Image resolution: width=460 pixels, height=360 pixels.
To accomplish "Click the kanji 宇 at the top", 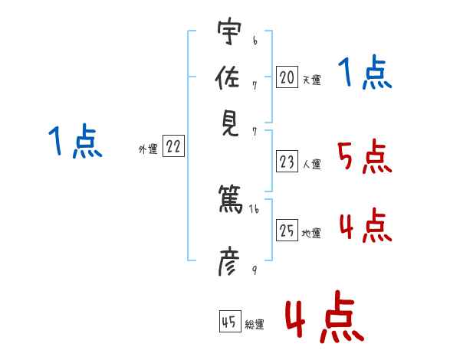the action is pos(229,32).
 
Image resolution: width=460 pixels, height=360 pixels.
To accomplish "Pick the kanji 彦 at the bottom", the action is pos(229,263).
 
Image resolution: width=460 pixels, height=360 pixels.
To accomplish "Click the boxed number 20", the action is pos(287,77).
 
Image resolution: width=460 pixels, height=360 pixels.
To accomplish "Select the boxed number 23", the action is pos(287,162).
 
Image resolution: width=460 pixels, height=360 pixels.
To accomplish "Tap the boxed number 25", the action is pos(287,230).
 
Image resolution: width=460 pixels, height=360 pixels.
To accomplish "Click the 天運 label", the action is pos(311,79).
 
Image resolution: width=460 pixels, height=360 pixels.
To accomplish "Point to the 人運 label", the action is pos(311,164).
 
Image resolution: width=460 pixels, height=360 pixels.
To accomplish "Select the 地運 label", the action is pos(311,233).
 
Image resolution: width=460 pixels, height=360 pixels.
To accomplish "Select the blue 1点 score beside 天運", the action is pos(364,74).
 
